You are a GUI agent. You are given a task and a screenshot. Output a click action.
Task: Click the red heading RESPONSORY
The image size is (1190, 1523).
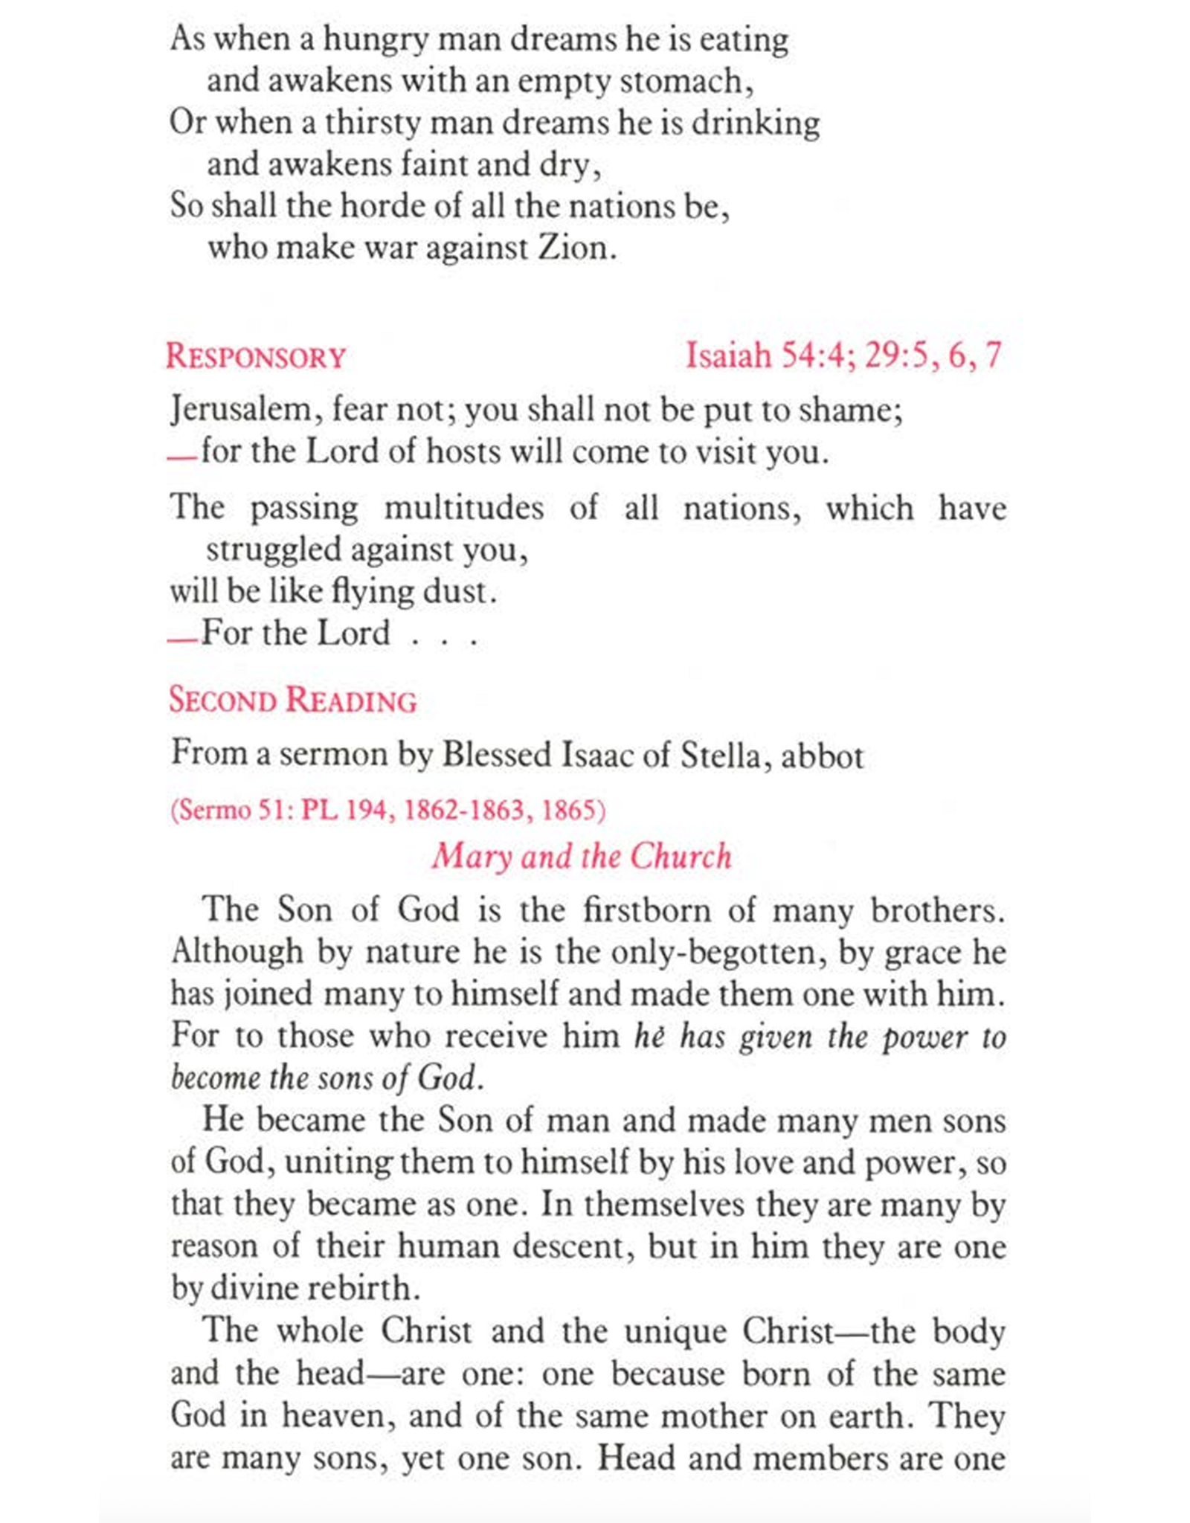(256, 357)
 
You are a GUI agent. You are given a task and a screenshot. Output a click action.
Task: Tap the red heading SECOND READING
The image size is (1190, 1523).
(292, 701)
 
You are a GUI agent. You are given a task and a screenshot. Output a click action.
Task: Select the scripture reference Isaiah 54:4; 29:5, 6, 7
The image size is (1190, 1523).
(843, 355)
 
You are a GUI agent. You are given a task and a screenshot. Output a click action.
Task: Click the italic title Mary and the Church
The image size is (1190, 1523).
(582, 856)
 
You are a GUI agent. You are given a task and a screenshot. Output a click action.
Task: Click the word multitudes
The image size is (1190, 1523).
(463, 509)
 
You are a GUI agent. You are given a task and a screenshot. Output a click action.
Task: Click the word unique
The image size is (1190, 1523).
(675, 1330)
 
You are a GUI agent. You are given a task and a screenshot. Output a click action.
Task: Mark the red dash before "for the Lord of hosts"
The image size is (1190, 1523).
(181, 458)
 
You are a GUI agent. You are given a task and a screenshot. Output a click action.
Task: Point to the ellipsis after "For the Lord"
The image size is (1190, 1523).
(444, 638)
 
